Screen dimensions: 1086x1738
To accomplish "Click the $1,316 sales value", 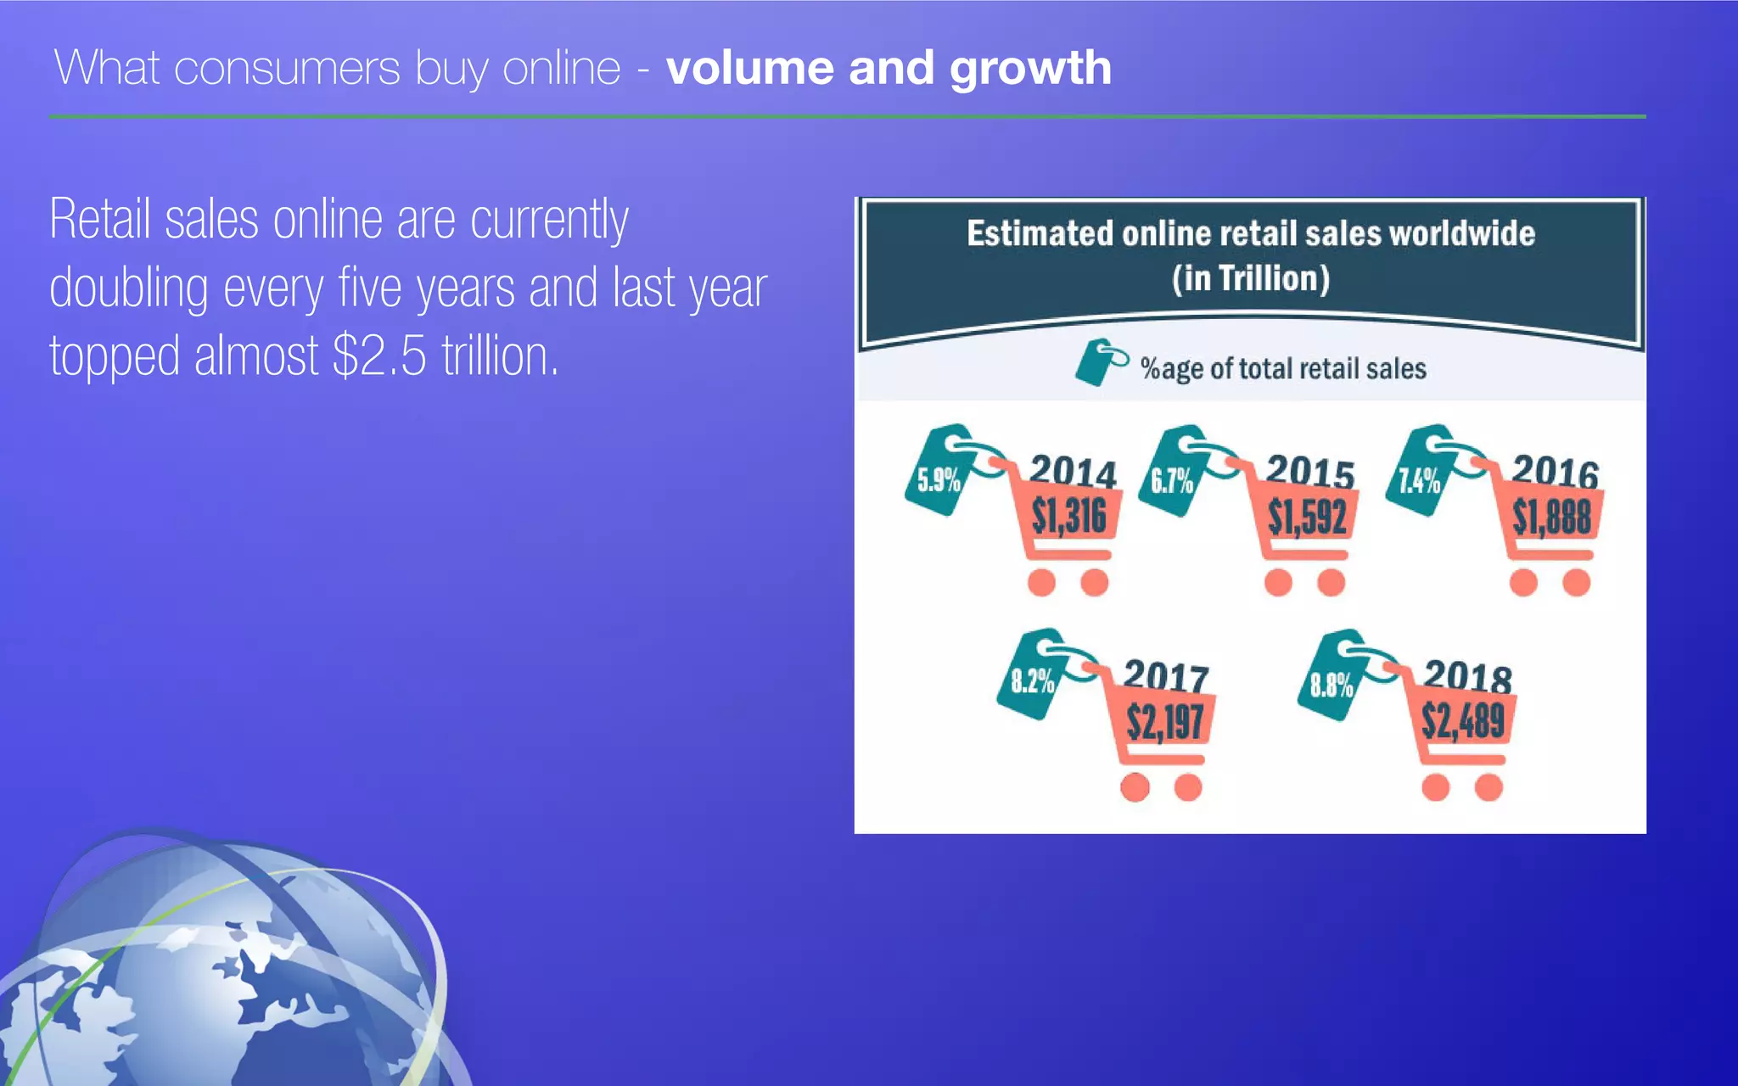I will coord(1068,517).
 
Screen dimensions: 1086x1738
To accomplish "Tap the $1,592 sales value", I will coord(1307,517).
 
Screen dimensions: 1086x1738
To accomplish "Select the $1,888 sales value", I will coord(1551,517).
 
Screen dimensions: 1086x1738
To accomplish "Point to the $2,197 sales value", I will coord(1164,722).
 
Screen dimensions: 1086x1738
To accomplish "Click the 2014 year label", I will coord(1073,471).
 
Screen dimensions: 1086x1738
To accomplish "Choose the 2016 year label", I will coord(1555,471).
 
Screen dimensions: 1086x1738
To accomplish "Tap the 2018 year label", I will coord(1467,676).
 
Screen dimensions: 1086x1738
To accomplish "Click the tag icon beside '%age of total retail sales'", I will coord(1100,363).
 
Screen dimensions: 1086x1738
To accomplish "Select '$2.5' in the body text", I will coord(379,355).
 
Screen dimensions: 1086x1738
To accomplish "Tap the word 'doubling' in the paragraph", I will coord(129,288).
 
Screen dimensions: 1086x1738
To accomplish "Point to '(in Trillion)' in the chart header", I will coord(1251,278).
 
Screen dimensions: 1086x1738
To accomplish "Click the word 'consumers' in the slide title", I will coord(287,68).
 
